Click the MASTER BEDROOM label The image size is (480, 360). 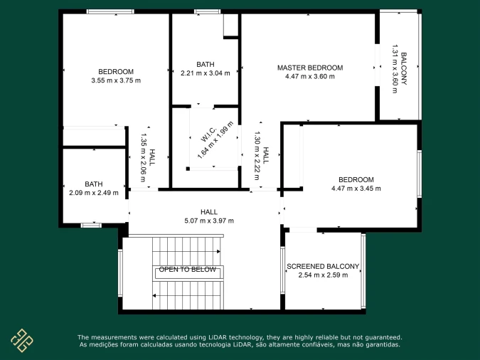click(x=310, y=68)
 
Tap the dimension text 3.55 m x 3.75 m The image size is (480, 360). click(x=116, y=80)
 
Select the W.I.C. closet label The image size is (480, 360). click(x=209, y=134)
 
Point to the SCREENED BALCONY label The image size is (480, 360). click(x=323, y=266)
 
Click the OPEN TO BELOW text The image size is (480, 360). click(x=187, y=270)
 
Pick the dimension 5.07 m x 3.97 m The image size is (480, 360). click(x=209, y=221)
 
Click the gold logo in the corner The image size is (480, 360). click(x=22, y=340)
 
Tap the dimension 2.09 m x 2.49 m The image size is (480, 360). click(x=94, y=193)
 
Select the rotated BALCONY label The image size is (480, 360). click(x=404, y=68)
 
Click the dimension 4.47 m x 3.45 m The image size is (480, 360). click(x=356, y=189)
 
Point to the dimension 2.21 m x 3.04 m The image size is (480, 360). click(x=206, y=73)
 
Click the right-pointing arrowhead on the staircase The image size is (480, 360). click(x=218, y=252)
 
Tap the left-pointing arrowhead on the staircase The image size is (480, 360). click(x=154, y=296)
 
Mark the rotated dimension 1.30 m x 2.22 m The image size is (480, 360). click(x=257, y=156)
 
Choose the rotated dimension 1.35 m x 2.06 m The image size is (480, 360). click(x=143, y=157)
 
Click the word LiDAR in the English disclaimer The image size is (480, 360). click(x=218, y=337)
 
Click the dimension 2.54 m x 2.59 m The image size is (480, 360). click(x=323, y=275)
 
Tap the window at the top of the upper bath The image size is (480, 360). click(x=207, y=11)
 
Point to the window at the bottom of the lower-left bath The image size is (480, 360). click(x=91, y=226)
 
